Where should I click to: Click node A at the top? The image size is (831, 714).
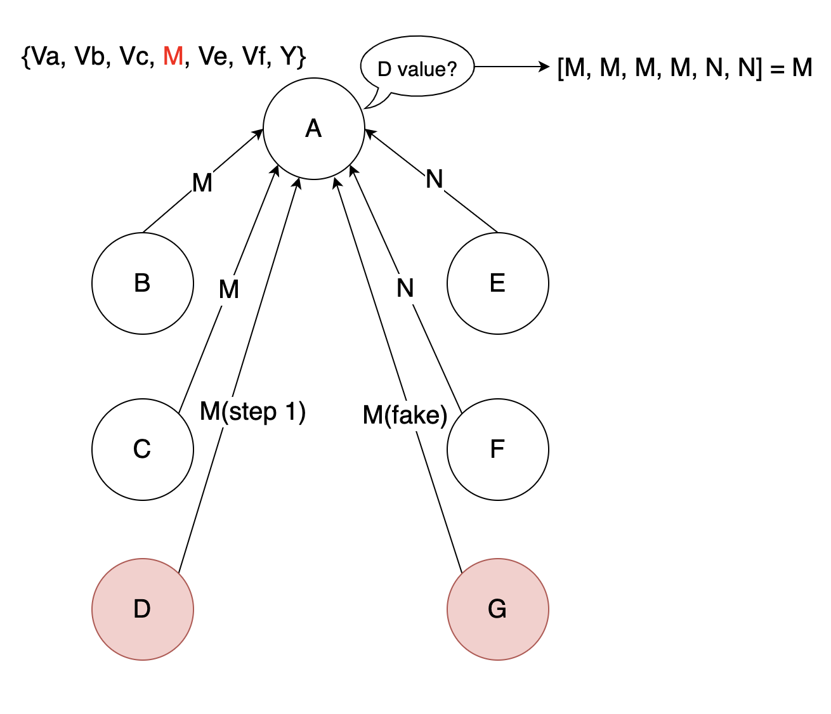[313, 129]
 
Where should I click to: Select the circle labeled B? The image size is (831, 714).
[142, 283]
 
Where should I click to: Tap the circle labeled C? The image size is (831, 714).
[142, 449]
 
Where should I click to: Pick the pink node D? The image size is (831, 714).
[142, 609]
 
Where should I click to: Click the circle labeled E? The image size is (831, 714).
[497, 283]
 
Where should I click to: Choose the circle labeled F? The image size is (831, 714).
[497, 449]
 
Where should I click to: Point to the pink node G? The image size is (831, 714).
[497, 609]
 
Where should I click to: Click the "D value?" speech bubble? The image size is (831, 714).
[417, 68]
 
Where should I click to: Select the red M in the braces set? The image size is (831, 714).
[173, 56]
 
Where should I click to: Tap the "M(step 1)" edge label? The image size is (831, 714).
[252, 412]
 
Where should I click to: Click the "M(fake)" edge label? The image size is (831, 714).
[405, 415]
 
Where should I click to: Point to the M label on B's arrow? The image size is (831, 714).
[202, 183]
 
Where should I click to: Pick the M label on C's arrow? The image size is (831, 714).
[228, 290]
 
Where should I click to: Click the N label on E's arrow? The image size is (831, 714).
[434, 179]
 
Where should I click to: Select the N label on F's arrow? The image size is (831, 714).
[405, 289]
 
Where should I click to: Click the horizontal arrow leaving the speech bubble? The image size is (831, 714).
[511, 67]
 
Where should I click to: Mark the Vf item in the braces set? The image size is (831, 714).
[254, 56]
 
